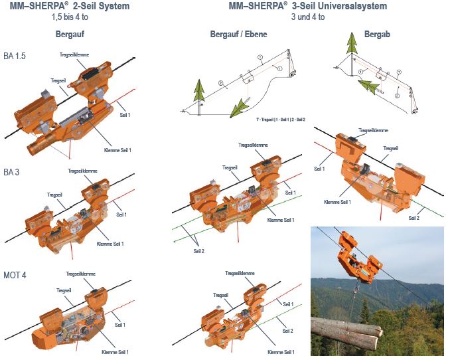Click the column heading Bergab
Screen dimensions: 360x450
point(378,34)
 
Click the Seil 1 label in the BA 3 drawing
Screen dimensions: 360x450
point(121,215)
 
